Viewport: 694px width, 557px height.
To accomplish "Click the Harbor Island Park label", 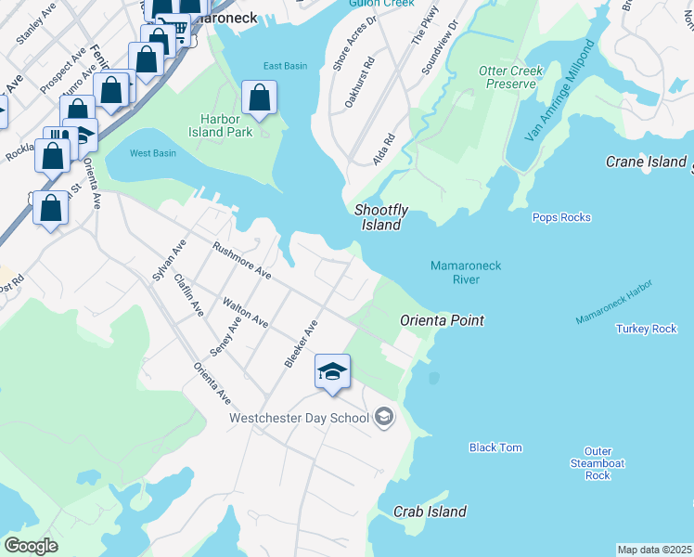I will (226, 125).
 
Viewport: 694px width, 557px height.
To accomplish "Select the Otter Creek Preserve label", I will (508, 77).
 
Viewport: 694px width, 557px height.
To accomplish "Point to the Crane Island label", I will (646, 162).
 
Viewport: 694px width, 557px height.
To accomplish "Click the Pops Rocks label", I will (561, 217).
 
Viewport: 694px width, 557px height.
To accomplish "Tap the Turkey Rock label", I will (646, 329).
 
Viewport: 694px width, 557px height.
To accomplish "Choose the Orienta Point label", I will (443, 320).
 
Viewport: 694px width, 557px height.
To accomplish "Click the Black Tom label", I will (495, 447).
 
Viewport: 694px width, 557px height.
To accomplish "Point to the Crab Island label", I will (430, 512).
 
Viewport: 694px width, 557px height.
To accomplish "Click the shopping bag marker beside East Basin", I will (260, 97).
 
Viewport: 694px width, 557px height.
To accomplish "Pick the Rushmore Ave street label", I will (241, 262).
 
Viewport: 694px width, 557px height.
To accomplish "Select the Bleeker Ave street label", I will (302, 343).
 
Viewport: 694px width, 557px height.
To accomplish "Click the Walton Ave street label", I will (246, 313).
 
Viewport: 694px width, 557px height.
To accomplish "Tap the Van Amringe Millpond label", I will (559, 105).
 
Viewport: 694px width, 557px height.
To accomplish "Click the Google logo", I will (32, 546).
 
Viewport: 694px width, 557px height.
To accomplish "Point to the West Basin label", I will (152, 153).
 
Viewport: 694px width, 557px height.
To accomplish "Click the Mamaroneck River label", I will (466, 272).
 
